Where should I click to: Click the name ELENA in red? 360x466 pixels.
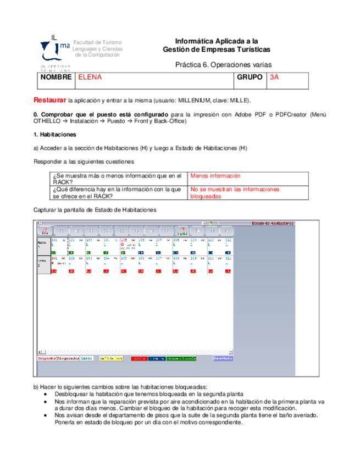tap(90, 77)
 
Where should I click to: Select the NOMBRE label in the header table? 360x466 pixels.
tap(56, 77)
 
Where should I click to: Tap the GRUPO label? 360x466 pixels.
tap(249, 77)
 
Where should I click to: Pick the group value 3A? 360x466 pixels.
tap(274, 77)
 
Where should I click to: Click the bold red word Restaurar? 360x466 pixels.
tap(50, 101)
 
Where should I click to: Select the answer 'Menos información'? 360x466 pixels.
tap(215, 176)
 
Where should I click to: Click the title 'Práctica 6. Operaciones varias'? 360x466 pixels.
tap(223, 64)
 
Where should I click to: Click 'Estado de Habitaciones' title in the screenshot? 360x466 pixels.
tap(273, 223)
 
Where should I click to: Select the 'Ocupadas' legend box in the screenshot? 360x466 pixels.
tap(46, 358)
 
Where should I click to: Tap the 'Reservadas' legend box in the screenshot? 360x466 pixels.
tap(223, 358)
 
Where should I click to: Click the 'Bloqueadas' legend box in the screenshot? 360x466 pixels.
tap(68, 358)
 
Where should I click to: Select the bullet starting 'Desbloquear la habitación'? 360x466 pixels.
tap(148, 395)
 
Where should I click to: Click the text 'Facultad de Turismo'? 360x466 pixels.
tap(97, 42)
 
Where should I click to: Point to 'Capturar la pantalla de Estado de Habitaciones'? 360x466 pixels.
tap(95, 210)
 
